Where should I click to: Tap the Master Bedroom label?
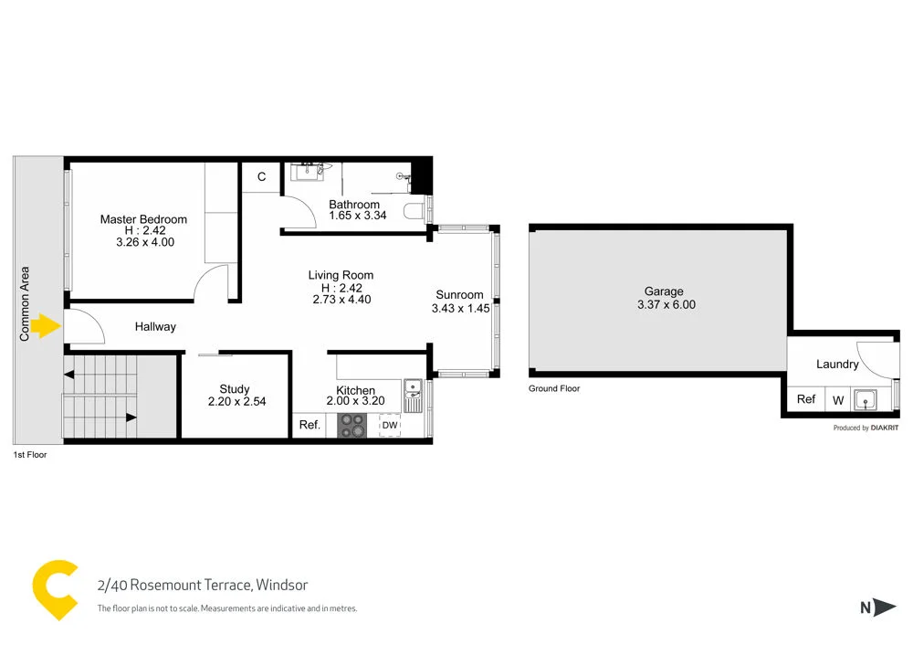point(143,219)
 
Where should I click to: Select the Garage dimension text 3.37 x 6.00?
point(666,304)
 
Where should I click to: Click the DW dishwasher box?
point(390,426)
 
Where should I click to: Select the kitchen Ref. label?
point(310,425)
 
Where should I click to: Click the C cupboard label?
point(261,176)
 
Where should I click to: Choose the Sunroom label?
point(460,295)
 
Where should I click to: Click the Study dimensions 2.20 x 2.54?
point(236,401)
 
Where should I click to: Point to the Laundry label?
point(837,365)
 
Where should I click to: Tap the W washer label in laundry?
point(837,399)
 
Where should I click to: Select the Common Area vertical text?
point(26,303)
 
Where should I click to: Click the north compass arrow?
point(882,607)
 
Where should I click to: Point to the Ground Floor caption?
point(554,388)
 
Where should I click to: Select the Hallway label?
point(155,326)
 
